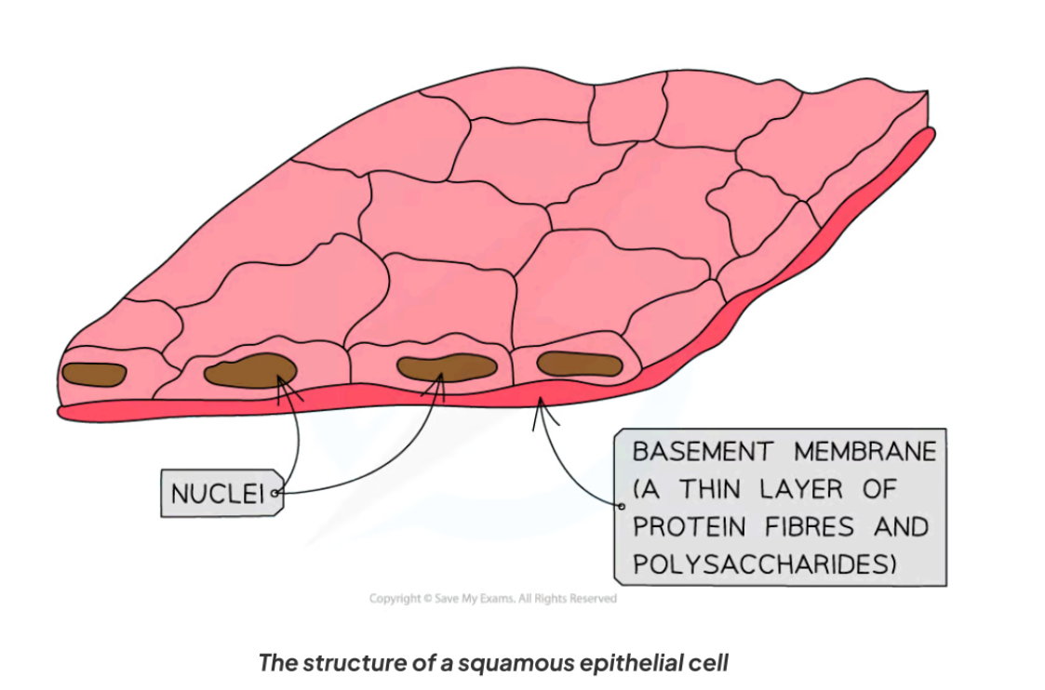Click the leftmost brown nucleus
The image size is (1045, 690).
pos(93,374)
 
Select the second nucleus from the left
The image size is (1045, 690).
pos(249,370)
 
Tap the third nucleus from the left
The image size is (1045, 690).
pos(446,367)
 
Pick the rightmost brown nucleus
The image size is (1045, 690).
pos(578,365)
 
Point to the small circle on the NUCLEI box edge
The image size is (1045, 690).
pos(275,494)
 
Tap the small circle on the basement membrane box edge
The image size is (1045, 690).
pos(621,506)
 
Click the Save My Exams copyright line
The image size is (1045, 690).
pos(492,599)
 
